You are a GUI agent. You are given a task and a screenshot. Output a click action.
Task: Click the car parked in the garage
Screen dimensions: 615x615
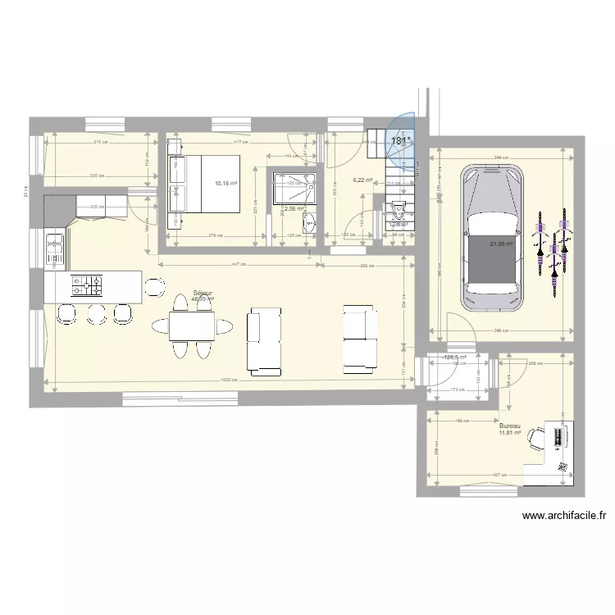click(x=492, y=238)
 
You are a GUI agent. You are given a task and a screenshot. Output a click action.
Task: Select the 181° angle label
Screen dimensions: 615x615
click(x=399, y=141)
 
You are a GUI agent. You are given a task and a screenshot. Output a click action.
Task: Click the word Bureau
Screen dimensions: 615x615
click(x=510, y=426)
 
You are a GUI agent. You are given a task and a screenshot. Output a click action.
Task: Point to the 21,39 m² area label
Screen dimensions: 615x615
click(x=501, y=244)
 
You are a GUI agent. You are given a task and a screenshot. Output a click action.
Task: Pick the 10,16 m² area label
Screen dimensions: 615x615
click(x=225, y=184)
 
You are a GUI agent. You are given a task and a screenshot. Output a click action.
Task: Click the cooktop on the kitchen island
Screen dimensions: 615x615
click(x=88, y=285)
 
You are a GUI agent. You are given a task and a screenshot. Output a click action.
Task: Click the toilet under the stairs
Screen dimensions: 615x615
click(x=399, y=214)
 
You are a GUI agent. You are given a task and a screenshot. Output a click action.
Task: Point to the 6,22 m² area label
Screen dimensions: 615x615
click(x=362, y=180)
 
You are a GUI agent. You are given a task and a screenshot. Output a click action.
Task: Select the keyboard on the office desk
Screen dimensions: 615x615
click(x=552, y=436)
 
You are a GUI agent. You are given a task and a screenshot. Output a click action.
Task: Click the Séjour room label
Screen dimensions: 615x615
click(x=202, y=293)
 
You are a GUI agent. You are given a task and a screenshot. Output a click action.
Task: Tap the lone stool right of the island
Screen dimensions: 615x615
click(x=153, y=286)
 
